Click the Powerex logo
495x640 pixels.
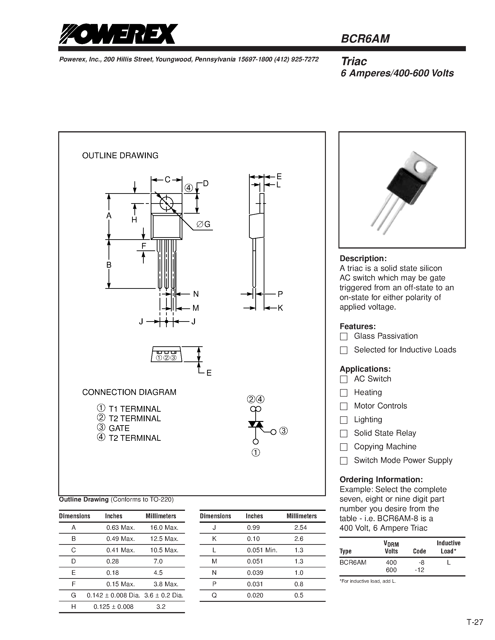[118, 34]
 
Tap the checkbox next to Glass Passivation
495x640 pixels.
[343, 337]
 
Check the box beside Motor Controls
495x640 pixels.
[343, 406]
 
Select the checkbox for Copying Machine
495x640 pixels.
[343, 447]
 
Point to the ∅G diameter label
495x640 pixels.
[204, 224]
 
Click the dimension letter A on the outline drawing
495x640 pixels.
[109, 216]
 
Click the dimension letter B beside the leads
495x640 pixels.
[109, 265]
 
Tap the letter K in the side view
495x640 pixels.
[280, 308]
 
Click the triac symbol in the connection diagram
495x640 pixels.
[256, 424]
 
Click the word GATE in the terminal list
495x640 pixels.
[119, 428]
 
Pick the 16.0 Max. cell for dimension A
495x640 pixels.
[164, 527]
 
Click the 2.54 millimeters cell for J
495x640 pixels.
[300, 527]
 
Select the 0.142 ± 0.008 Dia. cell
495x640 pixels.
[113, 595]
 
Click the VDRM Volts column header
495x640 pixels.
[391, 547]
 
